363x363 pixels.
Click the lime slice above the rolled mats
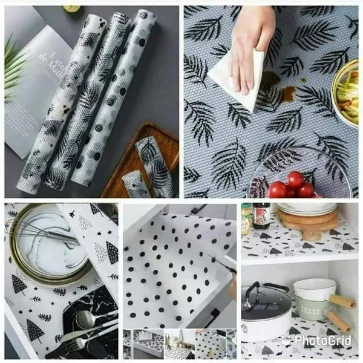coord(72,8)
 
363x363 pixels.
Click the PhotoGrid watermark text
coord(324,341)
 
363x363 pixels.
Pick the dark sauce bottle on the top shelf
coord(261,215)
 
